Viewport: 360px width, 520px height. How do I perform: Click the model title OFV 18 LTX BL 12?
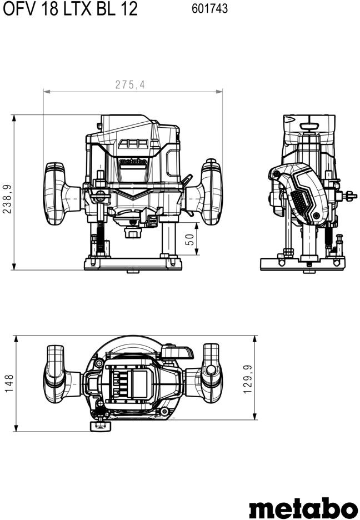tap(70, 9)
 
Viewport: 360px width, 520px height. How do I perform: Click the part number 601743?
tap(209, 9)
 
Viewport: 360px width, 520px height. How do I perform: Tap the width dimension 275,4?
tap(130, 85)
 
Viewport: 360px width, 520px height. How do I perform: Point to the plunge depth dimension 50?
tap(189, 239)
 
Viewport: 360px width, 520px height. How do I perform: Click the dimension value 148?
tap(9, 383)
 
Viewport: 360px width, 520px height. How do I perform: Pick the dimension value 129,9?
tap(248, 379)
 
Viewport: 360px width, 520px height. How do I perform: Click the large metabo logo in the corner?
tap(303, 507)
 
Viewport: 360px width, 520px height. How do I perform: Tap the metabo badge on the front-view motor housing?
tap(133, 162)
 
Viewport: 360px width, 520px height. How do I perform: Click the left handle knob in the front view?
tap(55, 194)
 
